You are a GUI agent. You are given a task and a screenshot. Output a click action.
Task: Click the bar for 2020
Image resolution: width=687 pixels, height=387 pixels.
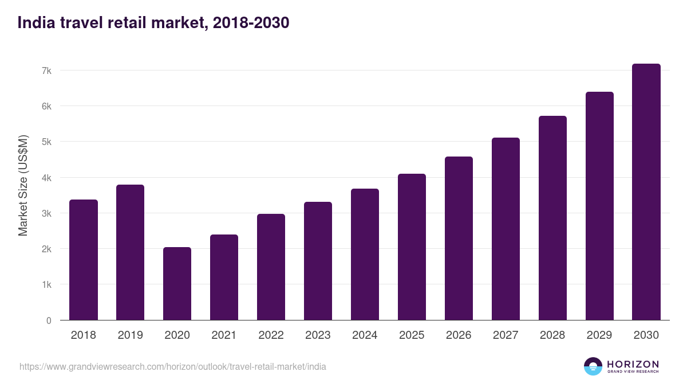coord(177,284)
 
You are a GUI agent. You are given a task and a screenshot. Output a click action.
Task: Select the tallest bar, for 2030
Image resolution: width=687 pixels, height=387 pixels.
coord(646,192)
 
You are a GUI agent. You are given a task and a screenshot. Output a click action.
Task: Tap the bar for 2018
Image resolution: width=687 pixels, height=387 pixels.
coord(84,260)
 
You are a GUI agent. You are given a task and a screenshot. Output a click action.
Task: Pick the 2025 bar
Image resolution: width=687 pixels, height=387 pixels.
coord(412,247)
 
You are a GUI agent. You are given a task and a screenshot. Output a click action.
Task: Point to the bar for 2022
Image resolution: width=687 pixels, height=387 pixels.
coord(271,267)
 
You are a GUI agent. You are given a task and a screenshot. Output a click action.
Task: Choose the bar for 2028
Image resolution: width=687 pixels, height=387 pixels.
coord(552,218)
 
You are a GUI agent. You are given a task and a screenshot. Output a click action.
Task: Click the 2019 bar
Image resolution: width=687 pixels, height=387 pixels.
coord(130,252)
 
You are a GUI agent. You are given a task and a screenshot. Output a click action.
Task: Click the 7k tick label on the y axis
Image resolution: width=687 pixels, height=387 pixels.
coord(46,71)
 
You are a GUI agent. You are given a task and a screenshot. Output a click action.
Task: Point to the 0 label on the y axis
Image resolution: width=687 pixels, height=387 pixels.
coord(49,320)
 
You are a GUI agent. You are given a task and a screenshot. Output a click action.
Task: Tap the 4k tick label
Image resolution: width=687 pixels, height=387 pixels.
coord(46,178)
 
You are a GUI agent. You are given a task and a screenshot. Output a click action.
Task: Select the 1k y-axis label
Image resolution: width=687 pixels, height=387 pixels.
coord(46,285)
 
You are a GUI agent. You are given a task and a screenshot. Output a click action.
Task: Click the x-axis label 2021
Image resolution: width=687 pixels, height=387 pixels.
coord(224,335)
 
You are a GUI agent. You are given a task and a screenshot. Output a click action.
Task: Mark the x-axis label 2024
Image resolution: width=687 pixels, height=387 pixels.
coord(365,335)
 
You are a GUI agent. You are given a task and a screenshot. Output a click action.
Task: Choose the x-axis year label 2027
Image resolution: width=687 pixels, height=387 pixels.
coord(506,335)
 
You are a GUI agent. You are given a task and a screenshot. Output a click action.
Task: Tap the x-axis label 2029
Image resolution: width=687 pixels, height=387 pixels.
coord(599,335)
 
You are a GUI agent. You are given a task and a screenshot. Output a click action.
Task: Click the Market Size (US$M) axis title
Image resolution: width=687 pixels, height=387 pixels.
coord(23,185)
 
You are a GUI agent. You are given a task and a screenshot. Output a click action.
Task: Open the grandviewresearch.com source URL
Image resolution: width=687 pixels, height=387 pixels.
coord(173,366)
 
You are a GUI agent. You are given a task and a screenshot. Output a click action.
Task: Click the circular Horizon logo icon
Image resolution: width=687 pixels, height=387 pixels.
coord(593,366)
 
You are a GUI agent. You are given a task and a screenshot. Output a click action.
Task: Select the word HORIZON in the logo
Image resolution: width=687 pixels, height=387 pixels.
coord(633,363)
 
